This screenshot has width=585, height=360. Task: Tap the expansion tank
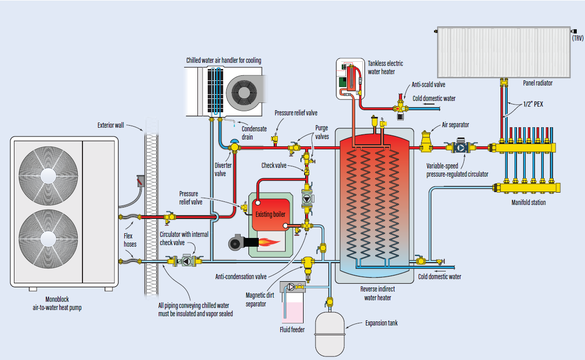pyautogui.click(x=329, y=333)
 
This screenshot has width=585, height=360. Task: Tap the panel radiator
pyautogui.click(x=503, y=52)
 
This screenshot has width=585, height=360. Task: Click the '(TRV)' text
pyautogui.click(x=577, y=38)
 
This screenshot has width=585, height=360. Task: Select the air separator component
pyautogui.click(x=427, y=141)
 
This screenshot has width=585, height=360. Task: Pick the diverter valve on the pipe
pyautogui.click(x=235, y=147)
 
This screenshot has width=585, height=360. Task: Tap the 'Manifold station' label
pyautogui.click(x=528, y=202)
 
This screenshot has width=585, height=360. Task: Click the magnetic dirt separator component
pyautogui.click(x=309, y=264)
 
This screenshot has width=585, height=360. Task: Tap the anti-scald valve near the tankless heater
pyautogui.click(x=400, y=108)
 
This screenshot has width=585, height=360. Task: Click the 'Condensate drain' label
pyautogui.click(x=255, y=132)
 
